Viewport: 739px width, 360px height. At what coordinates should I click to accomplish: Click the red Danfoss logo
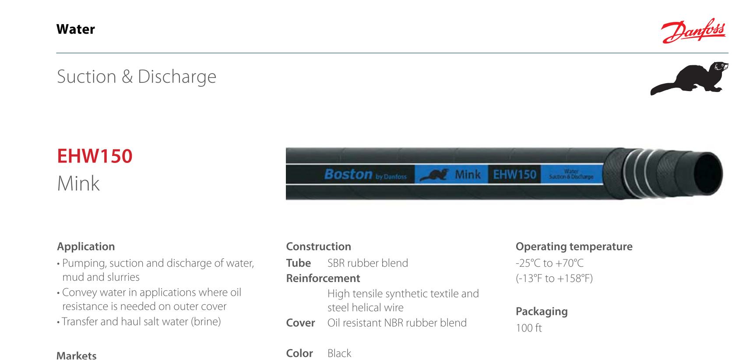[x=693, y=31]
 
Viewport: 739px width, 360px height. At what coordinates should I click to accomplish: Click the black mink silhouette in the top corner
[x=690, y=78]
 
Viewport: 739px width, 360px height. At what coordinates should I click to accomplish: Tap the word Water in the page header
[x=76, y=29]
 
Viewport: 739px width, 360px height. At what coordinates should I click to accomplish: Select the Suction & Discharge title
[x=137, y=77]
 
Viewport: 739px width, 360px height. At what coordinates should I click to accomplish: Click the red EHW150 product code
[x=95, y=156]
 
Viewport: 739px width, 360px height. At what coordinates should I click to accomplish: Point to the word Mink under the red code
[x=79, y=184]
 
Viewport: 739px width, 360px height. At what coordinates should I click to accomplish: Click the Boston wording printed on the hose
[x=348, y=174]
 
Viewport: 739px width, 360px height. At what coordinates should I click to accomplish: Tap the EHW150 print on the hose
[x=514, y=175]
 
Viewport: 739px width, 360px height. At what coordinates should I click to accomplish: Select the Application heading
[x=86, y=247]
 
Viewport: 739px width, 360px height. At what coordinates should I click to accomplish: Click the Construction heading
[x=318, y=247]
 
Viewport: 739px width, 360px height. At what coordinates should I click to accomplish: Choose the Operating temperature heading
[x=574, y=247]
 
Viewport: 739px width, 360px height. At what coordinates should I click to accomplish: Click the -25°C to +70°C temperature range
[x=549, y=263]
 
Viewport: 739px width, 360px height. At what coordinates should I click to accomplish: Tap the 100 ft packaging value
[x=529, y=328]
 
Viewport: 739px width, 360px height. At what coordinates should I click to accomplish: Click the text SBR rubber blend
[x=367, y=263]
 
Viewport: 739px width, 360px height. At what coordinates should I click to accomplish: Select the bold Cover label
[x=300, y=323]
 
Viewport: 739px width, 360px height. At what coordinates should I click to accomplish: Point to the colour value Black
[x=339, y=353]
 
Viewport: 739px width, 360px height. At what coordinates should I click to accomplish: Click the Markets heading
[x=77, y=355]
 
